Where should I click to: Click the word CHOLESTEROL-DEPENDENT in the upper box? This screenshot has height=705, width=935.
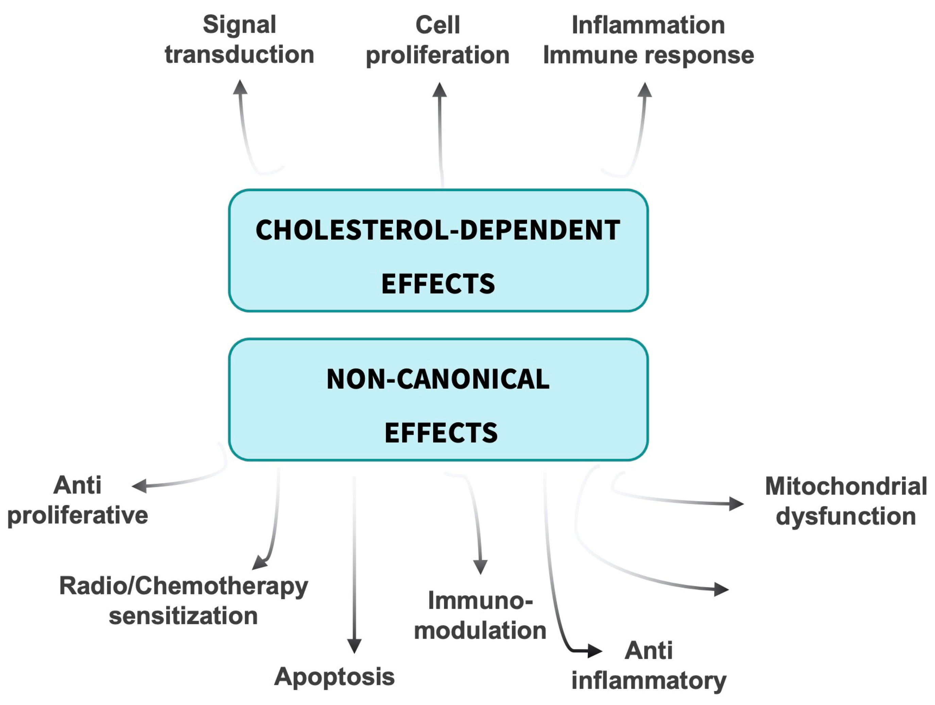pos(438,231)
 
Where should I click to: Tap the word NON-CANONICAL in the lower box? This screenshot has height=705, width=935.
pos(438,379)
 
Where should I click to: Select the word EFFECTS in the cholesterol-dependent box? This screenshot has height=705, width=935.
pos(438,284)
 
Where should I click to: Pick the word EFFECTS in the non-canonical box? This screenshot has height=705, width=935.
pos(441,433)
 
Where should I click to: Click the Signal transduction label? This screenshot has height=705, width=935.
pos(239,40)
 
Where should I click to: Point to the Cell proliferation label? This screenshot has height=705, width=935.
pos(438,40)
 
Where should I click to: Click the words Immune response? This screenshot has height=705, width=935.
pos(648,55)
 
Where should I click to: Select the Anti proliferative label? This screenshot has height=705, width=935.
pos(78,500)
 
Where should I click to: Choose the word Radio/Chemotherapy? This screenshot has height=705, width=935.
pos(184,586)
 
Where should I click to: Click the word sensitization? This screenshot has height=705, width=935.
pos(184,616)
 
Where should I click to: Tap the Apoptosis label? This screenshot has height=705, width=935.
pos(334,677)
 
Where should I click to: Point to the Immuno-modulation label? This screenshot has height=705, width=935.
pos(480,615)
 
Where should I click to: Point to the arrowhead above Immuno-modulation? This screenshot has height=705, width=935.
pos(480,567)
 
